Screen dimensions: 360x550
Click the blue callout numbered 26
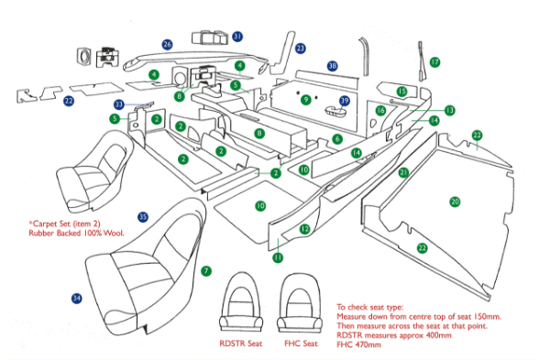167,44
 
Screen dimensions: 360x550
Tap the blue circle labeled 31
237,37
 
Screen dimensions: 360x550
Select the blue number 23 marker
300,48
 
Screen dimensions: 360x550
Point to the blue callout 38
333,66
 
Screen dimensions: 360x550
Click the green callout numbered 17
435,61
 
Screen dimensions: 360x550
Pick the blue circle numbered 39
345,100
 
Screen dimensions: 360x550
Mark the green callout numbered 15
402,91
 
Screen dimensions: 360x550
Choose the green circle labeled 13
449,110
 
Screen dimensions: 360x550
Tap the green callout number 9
305,98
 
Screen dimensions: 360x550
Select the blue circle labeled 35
142,216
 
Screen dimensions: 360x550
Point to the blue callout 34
76,298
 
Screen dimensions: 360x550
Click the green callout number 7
206,271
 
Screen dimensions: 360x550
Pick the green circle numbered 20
454,201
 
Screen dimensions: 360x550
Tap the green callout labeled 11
277,258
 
